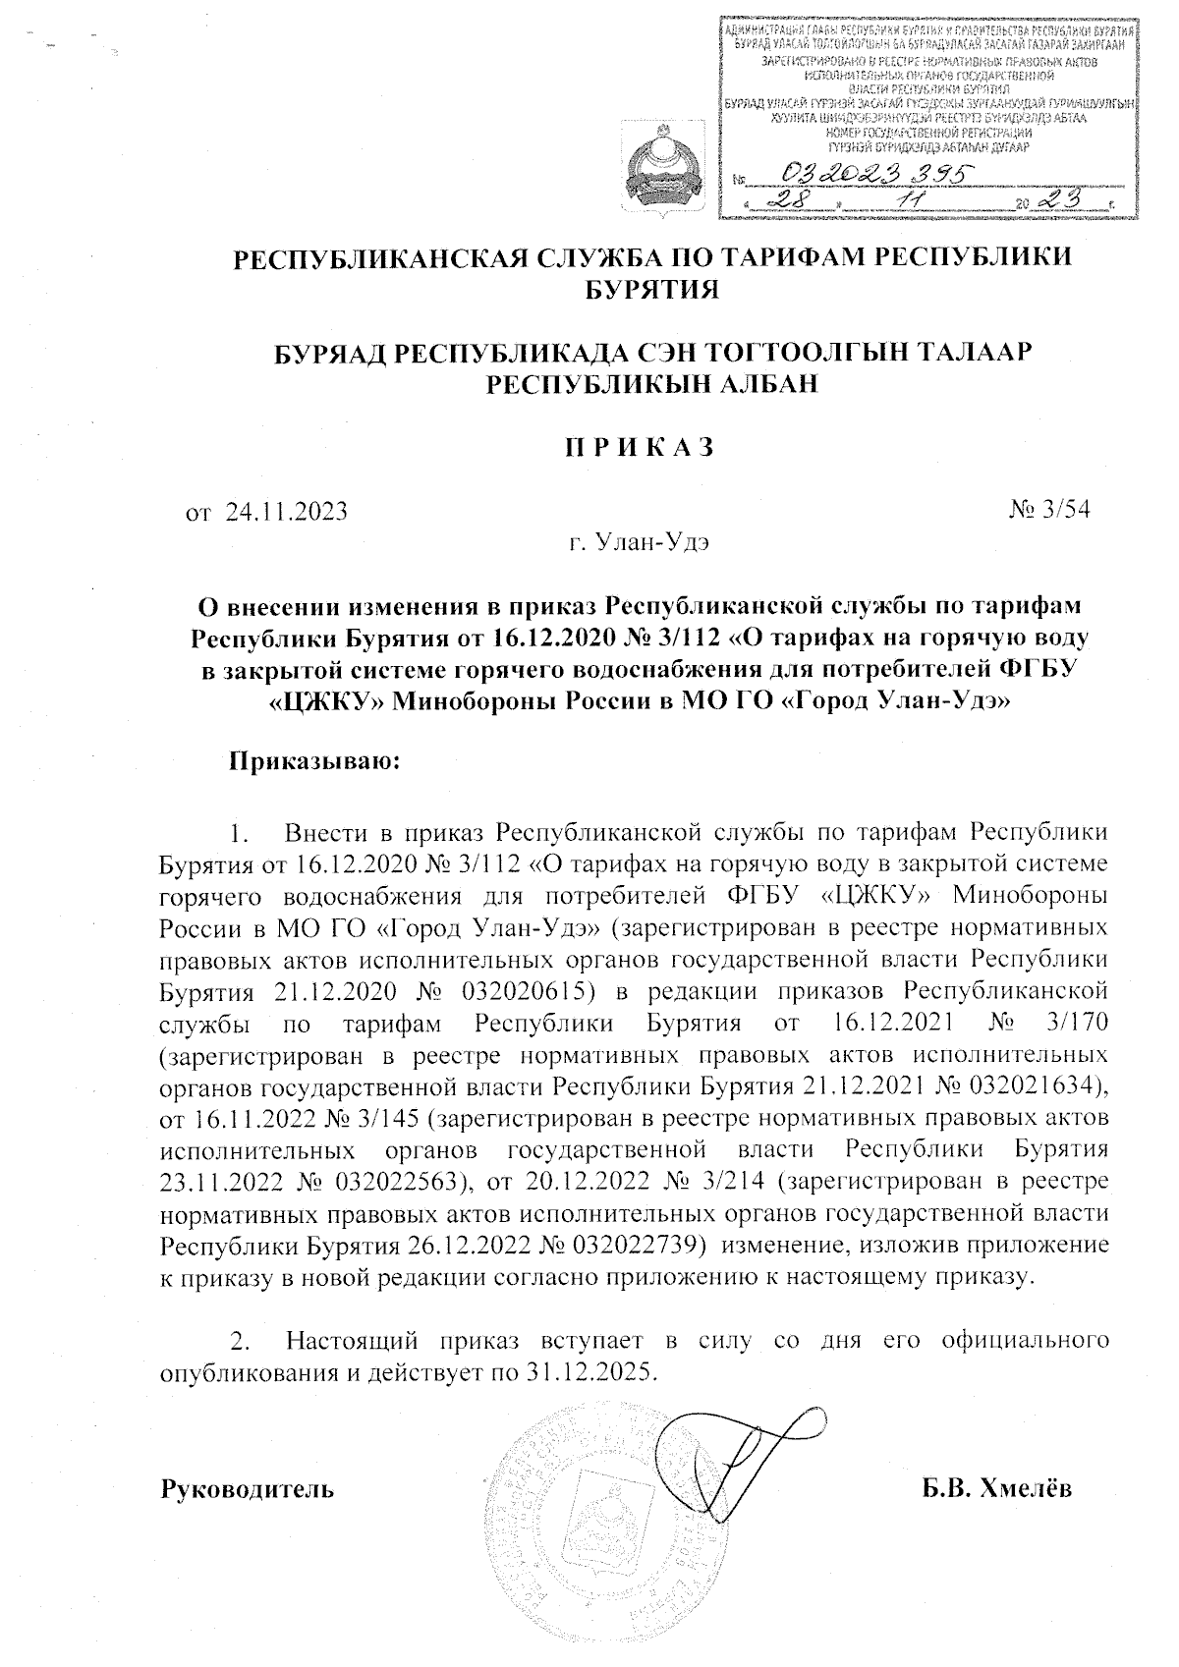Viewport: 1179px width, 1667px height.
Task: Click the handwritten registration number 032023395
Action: [882, 174]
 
